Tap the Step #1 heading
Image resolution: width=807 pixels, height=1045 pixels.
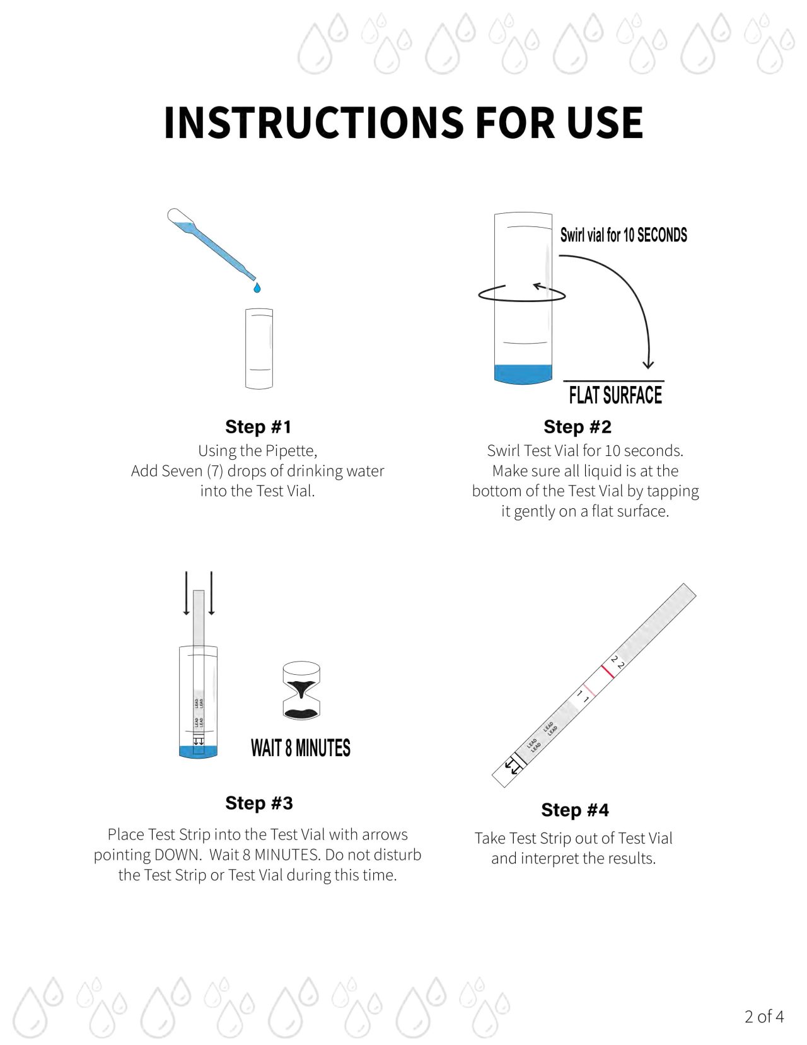258,427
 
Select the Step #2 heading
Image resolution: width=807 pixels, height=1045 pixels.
577,427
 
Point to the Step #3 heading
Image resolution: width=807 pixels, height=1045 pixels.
258,803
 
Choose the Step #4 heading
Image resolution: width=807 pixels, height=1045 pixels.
574,810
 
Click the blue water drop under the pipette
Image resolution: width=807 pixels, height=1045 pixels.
257,288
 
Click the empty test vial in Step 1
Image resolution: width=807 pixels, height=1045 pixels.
258,348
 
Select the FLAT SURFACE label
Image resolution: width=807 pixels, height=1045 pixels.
615,395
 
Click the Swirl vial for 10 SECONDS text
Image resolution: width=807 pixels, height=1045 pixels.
623,235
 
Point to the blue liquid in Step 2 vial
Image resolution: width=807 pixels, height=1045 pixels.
523,373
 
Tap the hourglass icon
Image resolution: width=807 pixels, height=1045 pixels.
301,690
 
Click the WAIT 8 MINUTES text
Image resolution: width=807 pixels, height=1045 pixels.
300,748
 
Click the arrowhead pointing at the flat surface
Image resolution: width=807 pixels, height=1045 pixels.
647,364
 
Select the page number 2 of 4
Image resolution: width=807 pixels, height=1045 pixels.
763,1017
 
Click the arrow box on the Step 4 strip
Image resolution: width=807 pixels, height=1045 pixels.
513,766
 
